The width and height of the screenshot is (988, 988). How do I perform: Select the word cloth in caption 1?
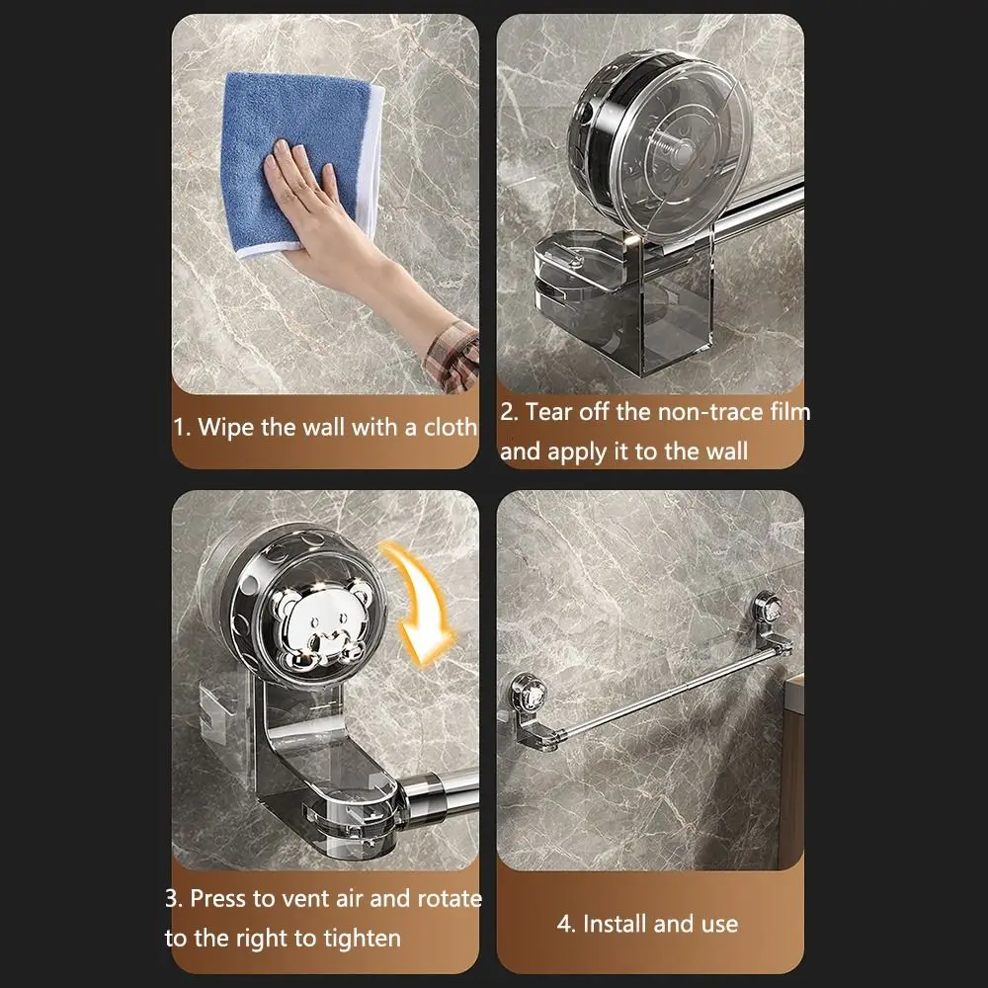pos(451,427)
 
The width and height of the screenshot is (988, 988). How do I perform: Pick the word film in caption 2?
pos(787,412)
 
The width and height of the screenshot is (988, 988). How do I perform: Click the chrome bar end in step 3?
pos(435,790)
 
